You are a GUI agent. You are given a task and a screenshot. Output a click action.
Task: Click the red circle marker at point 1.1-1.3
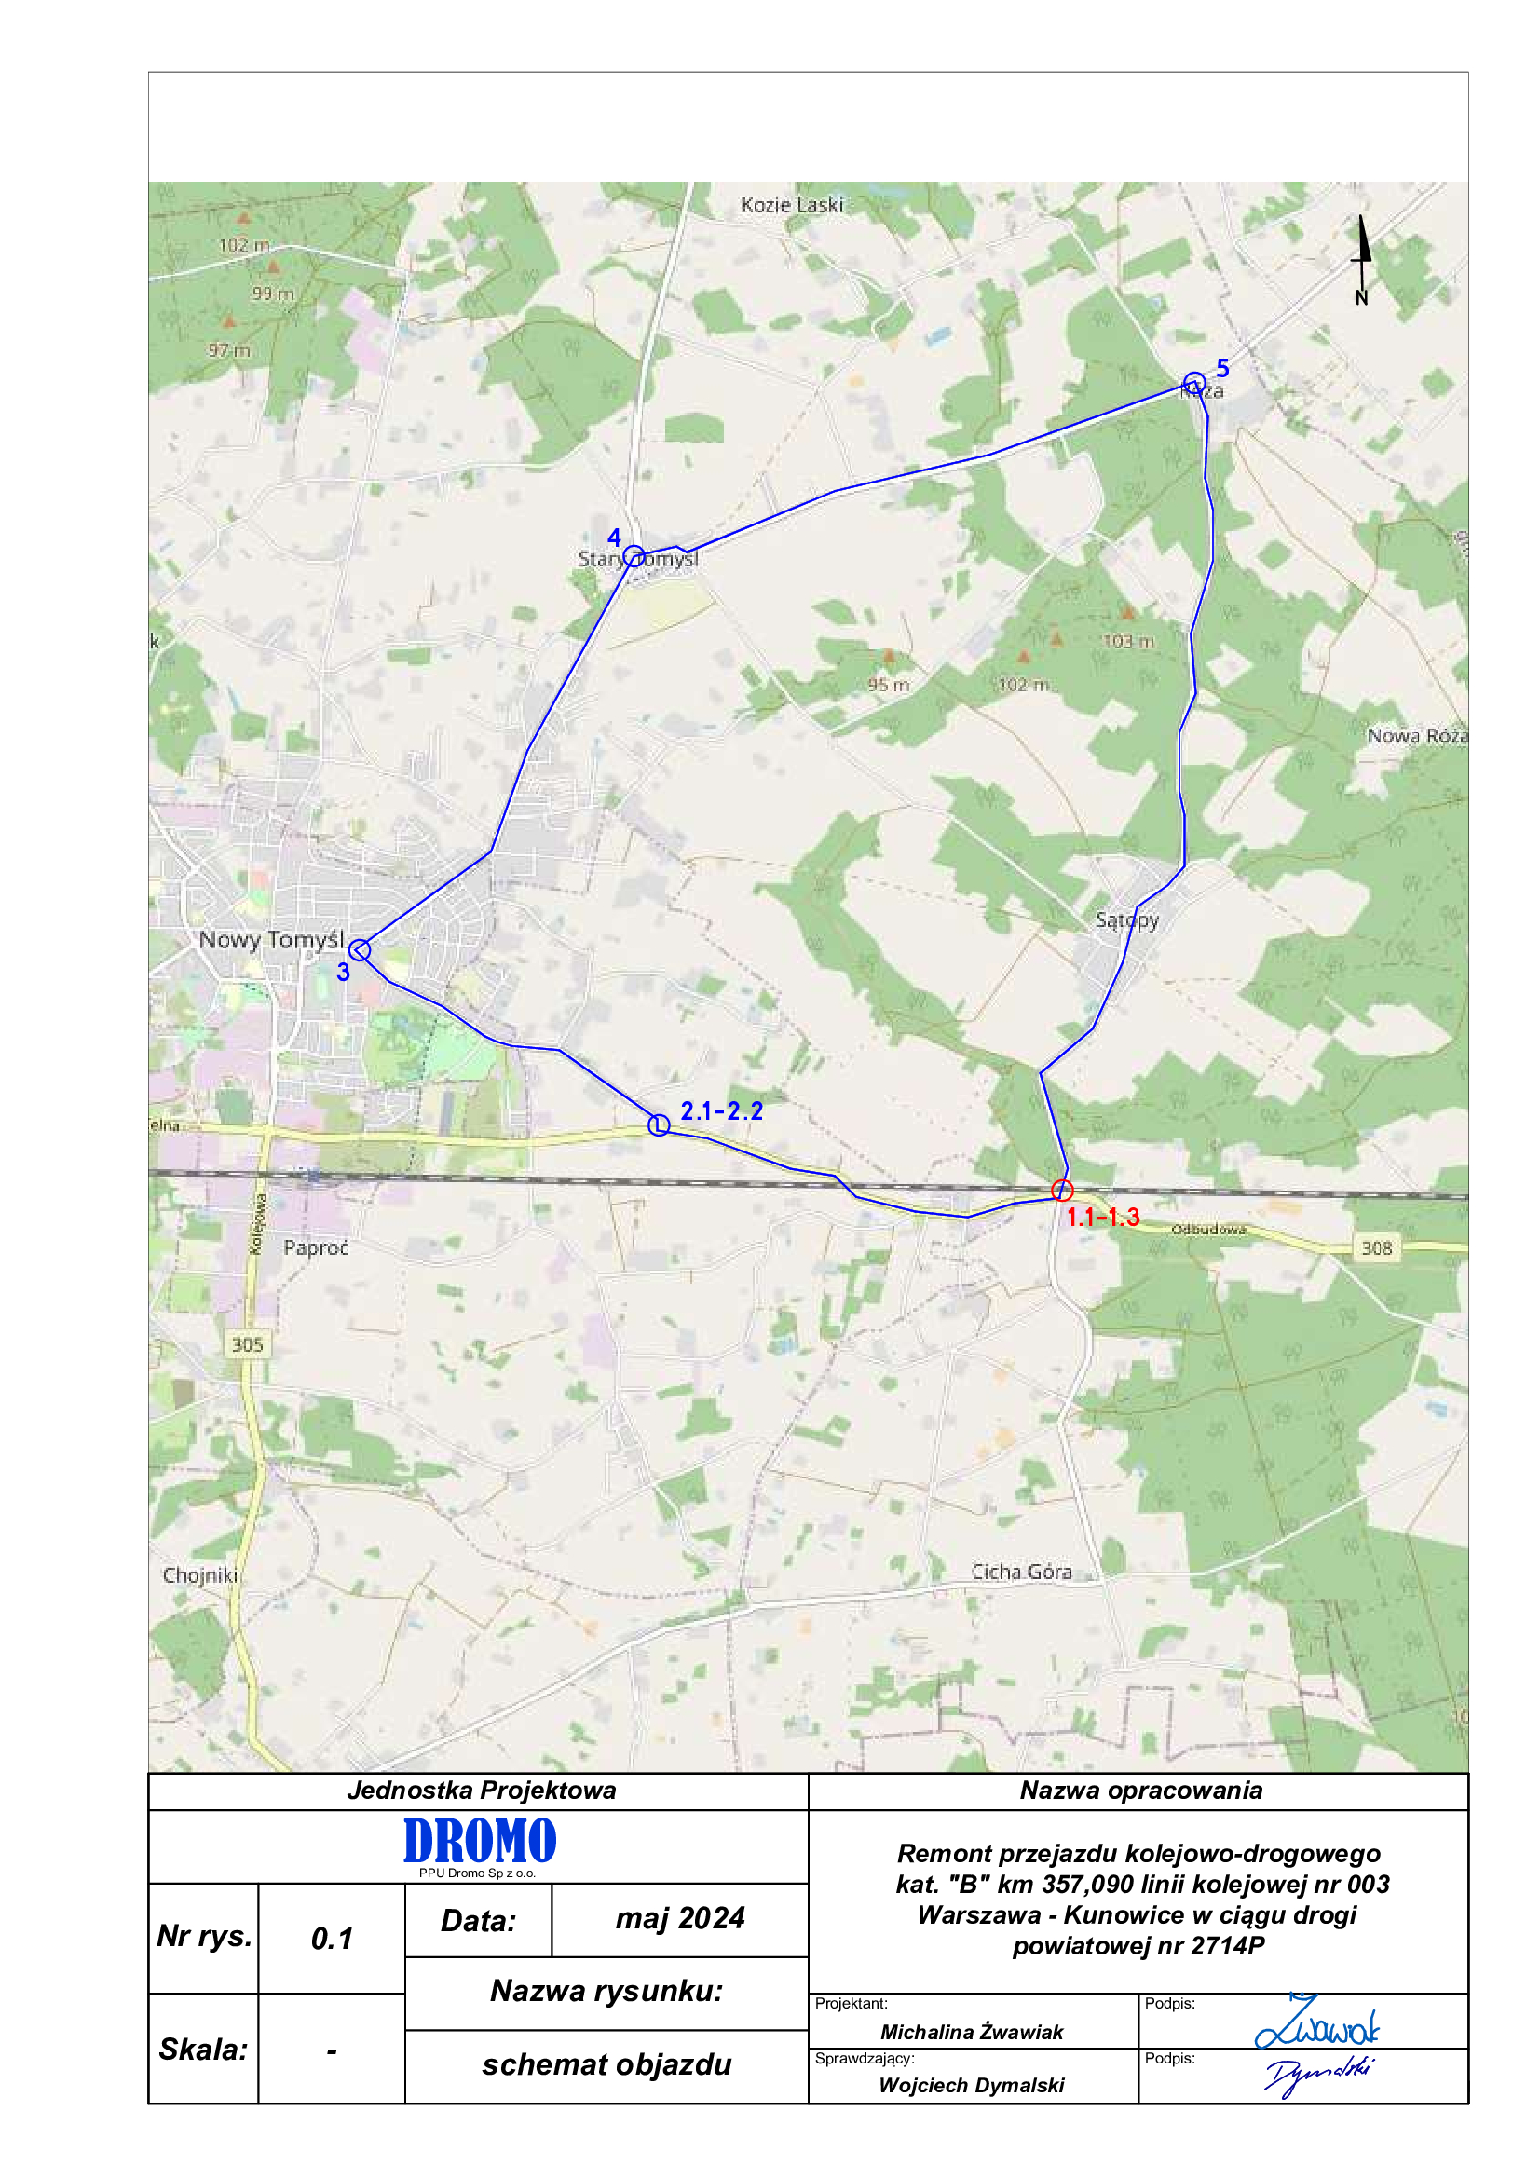click(1062, 1190)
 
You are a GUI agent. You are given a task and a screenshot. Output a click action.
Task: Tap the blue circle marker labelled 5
click(1193, 384)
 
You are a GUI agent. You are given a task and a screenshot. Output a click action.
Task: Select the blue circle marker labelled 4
click(634, 555)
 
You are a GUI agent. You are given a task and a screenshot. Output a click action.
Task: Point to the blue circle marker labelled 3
click(360, 949)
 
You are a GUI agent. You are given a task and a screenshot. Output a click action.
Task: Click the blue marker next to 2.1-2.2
click(659, 1124)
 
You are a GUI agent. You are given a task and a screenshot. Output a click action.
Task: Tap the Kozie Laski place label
click(791, 205)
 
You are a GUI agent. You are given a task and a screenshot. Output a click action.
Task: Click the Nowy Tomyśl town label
click(271, 940)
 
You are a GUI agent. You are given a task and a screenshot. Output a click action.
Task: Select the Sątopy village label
click(1126, 919)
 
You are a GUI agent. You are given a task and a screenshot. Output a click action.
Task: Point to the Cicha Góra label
click(1021, 1572)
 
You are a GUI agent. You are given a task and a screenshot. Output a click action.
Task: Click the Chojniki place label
click(199, 1575)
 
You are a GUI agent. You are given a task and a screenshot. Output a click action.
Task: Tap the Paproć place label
click(316, 1248)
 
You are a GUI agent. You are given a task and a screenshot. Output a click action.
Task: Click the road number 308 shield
click(1376, 1248)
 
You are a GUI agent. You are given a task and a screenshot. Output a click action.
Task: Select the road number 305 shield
click(247, 1345)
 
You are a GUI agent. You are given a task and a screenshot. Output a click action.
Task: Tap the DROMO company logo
click(479, 1842)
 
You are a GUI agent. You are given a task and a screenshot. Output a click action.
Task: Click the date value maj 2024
click(679, 1918)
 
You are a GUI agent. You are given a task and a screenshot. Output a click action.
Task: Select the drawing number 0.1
click(331, 1939)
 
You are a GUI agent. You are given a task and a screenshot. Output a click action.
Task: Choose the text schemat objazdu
click(606, 2065)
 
